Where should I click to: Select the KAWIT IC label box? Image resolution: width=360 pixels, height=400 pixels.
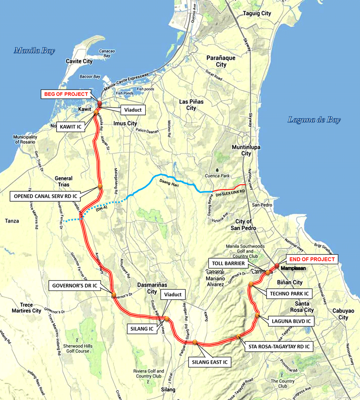click(x=72, y=127)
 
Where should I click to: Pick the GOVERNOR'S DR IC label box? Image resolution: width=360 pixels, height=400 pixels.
click(x=74, y=286)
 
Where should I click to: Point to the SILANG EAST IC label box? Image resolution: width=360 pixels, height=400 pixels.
click(x=209, y=362)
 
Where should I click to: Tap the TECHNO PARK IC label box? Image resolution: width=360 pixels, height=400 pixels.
click(x=288, y=293)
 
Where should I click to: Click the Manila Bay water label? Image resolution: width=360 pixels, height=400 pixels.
click(x=34, y=51)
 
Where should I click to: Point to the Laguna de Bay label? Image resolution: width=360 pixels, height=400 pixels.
click(x=314, y=120)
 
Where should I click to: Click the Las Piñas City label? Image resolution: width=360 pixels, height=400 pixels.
click(x=191, y=105)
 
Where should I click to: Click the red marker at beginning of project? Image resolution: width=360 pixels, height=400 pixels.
click(x=99, y=103)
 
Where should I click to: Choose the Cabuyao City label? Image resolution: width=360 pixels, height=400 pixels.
click(x=343, y=314)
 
